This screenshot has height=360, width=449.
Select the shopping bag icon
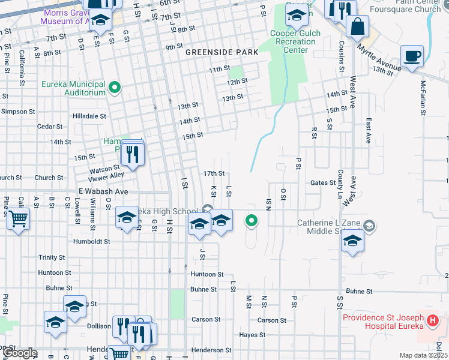(357, 26)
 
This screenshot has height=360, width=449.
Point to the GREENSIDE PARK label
(221, 52)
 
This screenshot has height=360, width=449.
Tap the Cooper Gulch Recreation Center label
(295, 41)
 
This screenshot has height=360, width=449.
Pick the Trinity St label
(52, 257)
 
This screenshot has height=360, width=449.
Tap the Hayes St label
(252, 335)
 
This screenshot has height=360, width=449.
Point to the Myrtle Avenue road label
(378, 58)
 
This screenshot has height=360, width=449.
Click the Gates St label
(323, 182)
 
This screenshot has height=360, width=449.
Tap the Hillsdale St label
(89, 116)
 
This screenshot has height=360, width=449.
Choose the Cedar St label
(50, 127)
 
